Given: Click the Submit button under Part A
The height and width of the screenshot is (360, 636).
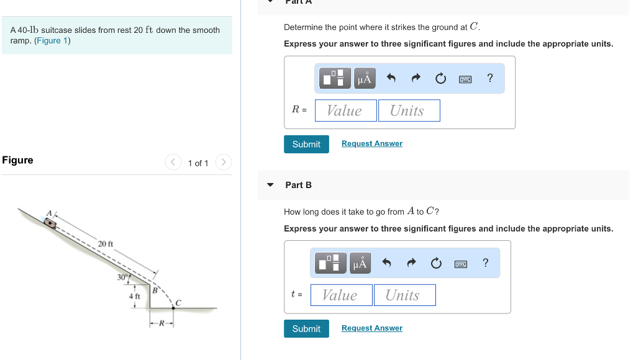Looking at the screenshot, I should (306, 144).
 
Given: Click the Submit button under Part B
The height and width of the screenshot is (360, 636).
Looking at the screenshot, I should (306, 328).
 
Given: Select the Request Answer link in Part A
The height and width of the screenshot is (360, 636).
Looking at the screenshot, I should (371, 143).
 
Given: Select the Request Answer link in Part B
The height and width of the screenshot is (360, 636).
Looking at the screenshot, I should (371, 328).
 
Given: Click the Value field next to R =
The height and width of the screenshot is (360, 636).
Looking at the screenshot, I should (345, 110).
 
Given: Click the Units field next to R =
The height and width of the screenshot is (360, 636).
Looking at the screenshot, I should (409, 110).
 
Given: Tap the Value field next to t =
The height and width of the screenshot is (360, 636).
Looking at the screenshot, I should (341, 295).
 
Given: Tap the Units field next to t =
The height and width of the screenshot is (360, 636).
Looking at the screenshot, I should (404, 295).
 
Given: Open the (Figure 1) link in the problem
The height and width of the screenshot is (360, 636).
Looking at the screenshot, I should (52, 41).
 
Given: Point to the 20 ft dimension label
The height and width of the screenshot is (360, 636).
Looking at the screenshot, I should (106, 243).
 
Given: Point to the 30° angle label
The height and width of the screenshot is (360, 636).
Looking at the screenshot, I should (123, 277).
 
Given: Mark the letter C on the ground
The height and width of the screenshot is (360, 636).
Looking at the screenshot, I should (177, 302).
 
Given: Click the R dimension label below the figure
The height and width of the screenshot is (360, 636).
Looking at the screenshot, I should (161, 323).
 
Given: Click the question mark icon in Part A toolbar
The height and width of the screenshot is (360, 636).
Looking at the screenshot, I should (490, 78).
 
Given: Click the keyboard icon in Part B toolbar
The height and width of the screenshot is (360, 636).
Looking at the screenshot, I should (460, 264).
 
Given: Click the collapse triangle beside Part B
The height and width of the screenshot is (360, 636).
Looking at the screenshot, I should (270, 185).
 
